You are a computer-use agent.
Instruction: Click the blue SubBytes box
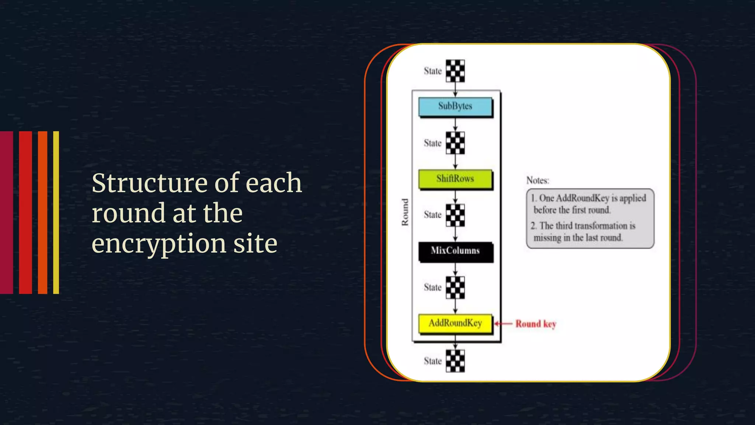coord(455,106)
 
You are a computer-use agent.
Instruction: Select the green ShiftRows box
coord(455,179)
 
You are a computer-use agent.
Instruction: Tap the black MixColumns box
coord(455,251)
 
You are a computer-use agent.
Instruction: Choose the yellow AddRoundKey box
coord(455,323)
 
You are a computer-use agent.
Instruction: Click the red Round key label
coord(536,324)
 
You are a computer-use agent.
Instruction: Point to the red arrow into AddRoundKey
coord(504,324)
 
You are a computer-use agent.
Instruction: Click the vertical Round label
coord(405,212)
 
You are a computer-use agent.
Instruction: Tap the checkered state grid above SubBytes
coord(455,71)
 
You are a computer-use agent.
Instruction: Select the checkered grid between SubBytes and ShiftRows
coord(455,143)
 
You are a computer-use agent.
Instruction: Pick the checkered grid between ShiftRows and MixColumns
coord(455,215)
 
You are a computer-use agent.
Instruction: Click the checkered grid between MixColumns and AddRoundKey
coord(455,287)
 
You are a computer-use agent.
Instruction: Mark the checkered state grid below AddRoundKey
coord(455,361)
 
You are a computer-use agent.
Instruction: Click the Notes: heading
coord(537,180)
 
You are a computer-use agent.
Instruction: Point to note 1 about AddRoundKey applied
coord(589,204)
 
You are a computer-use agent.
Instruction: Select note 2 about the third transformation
coord(584,232)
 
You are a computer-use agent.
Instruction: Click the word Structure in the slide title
coord(150,183)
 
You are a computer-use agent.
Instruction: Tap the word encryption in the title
coord(159,244)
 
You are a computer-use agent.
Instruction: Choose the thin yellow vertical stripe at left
coord(56,212)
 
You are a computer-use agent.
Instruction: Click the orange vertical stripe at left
coord(42,212)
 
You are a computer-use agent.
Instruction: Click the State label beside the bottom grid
coord(432,361)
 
